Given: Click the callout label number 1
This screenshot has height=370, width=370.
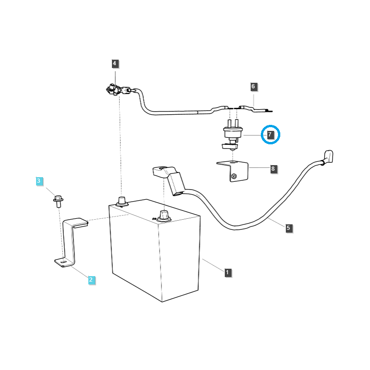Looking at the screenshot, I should pos(228,272).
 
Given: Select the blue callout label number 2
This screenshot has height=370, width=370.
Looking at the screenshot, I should pos(91,279).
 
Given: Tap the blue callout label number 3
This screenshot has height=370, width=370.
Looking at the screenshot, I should pos(39,181).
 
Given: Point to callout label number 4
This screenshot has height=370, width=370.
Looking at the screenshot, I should pos(115,63).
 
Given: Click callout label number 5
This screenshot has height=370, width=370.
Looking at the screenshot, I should pos(289,228).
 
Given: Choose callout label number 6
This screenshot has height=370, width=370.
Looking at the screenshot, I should pos(253,86).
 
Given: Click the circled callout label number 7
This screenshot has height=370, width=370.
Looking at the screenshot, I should pos(271,135).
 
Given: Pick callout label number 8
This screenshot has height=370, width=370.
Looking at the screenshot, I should pos(273,169).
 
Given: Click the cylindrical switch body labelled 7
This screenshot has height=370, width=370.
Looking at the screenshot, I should pos(232,134).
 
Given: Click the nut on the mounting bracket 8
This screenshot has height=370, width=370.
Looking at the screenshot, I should pos(234,176).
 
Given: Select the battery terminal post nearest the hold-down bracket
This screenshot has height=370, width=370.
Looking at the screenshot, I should pos(122,201).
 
